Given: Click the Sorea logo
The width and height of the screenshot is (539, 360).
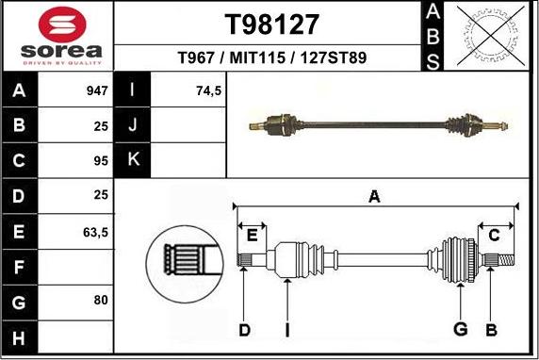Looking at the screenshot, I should click(57, 37).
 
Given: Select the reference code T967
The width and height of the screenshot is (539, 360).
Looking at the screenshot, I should click(199, 58).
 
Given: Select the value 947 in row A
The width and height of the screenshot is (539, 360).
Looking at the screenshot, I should click(97, 92).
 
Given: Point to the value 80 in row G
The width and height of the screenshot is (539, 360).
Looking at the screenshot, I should click(101, 301).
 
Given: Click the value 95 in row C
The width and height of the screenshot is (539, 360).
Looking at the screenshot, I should click(101, 161).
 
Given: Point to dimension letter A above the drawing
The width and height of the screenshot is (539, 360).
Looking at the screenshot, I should click(374, 197).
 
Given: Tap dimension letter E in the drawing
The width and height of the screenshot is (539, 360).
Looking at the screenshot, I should click(251, 234).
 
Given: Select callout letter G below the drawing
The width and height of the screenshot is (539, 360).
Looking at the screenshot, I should click(461, 329).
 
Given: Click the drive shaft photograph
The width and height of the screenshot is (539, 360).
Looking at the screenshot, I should click(381, 123).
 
